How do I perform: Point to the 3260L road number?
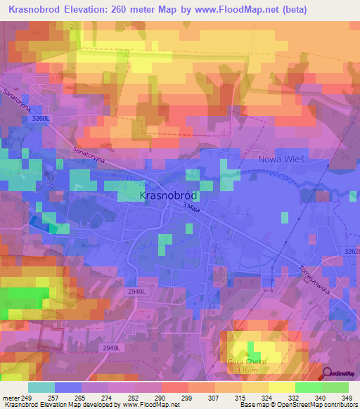click(x=41, y=120)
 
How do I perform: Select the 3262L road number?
click(x=352, y=252)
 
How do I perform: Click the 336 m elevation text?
click(x=248, y=370)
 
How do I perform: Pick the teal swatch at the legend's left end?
click(x=41, y=387)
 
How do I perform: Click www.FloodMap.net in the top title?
click(x=244, y=9)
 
